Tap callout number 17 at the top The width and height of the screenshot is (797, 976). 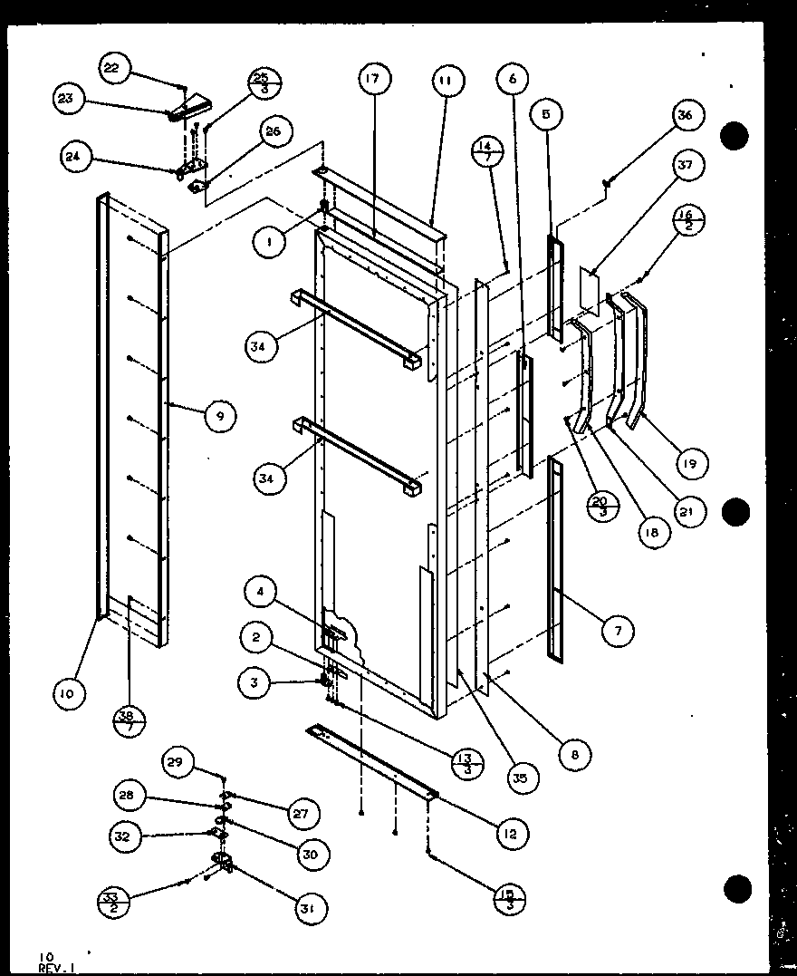[372, 79]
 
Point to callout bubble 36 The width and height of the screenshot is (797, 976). [685, 115]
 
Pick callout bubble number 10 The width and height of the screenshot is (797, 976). [69, 694]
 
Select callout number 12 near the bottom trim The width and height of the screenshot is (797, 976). [512, 834]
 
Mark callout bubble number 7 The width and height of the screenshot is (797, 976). [619, 631]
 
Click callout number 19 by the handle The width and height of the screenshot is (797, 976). [691, 465]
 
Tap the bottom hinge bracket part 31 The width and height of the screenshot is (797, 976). [221, 863]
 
